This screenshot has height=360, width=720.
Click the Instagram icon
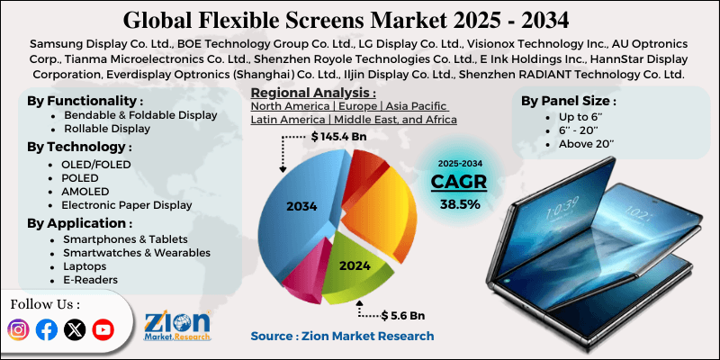pyautogui.click(x=18, y=330)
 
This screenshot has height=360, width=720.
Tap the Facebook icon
pyautogui.click(x=47, y=330)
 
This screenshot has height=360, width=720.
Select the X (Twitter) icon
pyautogui.click(x=75, y=330)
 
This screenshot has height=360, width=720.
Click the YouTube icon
pyautogui.click(x=103, y=330)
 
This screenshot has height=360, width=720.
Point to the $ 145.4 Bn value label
pyautogui.click(x=341, y=136)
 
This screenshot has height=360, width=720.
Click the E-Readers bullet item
pyautogui.click(x=90, y=280)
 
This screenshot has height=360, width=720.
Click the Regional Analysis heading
pyautogui.click(x=313, y=93)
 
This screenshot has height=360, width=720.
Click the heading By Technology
pyautogui.click(x=79, y=147)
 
